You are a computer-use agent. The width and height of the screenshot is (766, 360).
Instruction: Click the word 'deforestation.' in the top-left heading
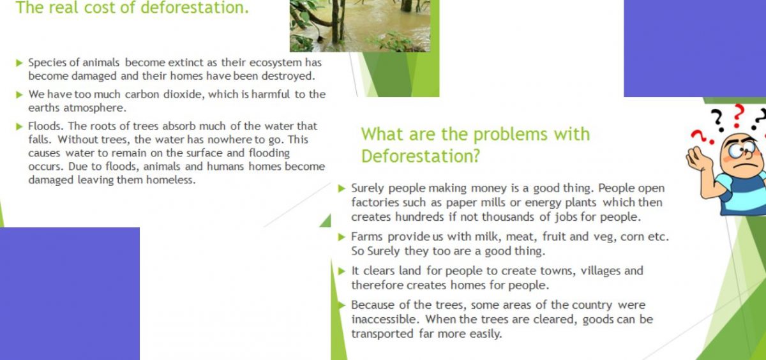click(x=195, y=7)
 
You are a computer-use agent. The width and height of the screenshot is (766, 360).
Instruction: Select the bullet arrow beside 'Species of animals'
click(x=20, y=63)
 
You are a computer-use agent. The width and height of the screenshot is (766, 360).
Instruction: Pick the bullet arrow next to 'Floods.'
click(x=20, y=127)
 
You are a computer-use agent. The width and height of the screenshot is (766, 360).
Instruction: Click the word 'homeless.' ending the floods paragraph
click(x=170, y=180)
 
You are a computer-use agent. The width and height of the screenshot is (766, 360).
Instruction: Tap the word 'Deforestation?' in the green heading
click(x=421, y=156)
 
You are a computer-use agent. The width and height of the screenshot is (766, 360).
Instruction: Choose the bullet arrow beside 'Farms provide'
click(x=342, y=237)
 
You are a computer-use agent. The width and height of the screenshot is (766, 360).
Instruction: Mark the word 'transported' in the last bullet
click(x=382, y=334)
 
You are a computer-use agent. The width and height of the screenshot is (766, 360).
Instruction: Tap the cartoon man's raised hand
click(x=698, y=157)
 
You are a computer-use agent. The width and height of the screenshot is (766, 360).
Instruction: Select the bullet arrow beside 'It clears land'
click(x=342, y=271)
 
